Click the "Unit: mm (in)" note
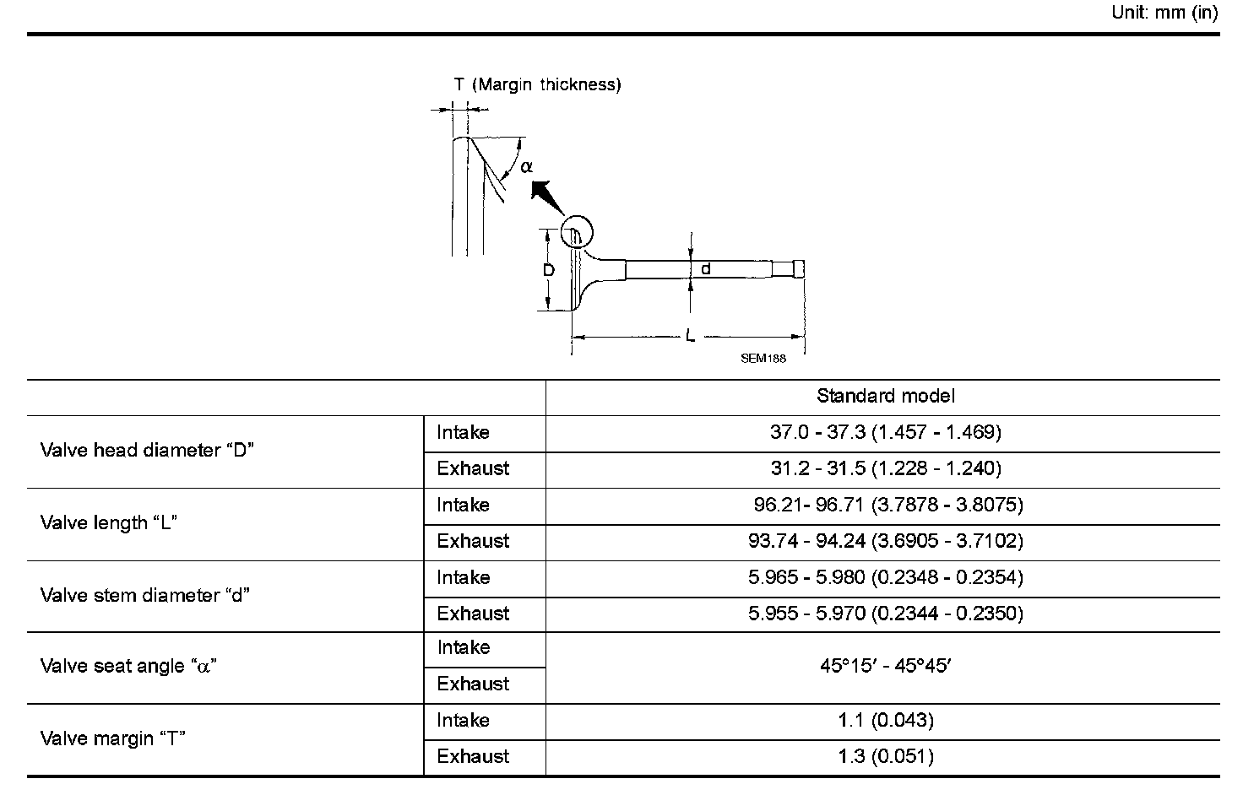pos(1164,14)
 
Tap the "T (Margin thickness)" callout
pos(537,84)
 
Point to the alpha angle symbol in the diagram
pos(527,167)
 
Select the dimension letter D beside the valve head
pos(548,271)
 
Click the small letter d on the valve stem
pos(706,269)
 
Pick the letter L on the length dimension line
pos(690,337)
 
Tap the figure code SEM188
pos(763,358)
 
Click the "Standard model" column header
pos(885,396)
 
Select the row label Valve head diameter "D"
pos(148,451)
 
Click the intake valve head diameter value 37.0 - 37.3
pos(885,432)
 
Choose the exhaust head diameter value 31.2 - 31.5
pos(885,468)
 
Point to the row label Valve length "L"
pos(109,523)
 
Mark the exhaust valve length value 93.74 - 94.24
pos(885,541)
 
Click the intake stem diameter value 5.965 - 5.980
pos(885,577)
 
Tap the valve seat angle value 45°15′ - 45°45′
pos(885,666)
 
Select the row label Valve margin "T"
pos(113,739)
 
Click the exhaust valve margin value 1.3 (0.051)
pos(885,757)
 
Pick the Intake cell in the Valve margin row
pos(463,721)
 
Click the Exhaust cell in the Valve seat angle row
pos(473,684)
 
